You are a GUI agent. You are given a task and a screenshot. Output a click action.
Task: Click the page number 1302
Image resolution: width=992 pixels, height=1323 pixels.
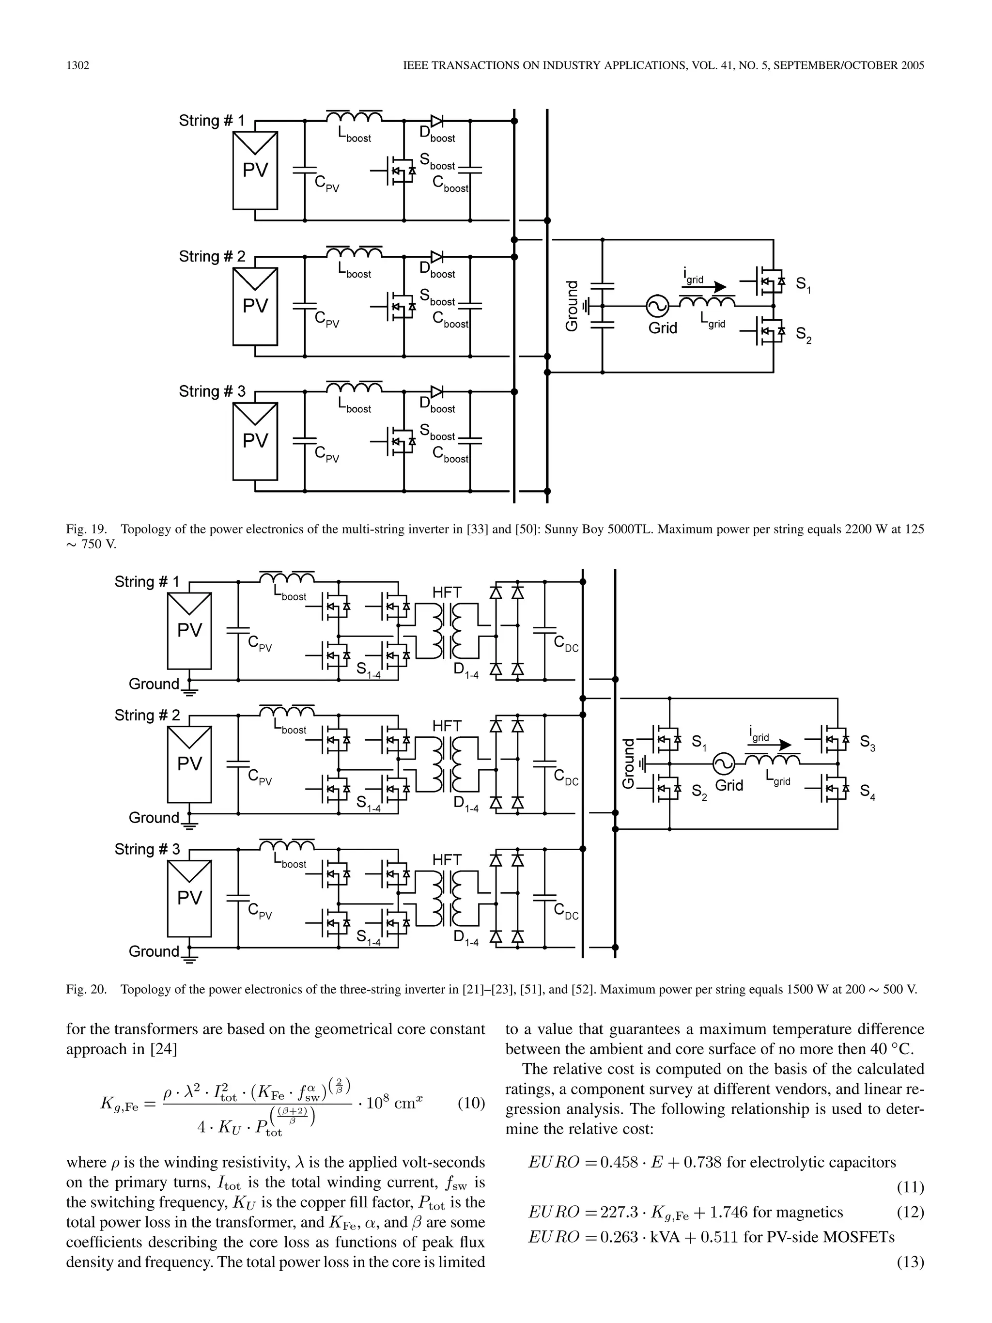click(77, 65)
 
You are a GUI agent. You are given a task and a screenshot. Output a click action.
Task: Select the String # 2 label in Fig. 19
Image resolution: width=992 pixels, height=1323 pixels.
click(212, 257)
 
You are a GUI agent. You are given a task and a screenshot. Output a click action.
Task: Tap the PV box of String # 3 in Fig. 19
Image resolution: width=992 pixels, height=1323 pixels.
click(255, 441)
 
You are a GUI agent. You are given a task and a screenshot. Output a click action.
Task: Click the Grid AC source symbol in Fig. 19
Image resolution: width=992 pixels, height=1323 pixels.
click(658, 307)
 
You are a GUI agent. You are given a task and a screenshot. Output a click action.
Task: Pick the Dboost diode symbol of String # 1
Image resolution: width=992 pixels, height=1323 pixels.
click(437, 122)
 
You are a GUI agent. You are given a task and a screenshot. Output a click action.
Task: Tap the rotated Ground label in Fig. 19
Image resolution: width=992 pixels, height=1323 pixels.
click(572, 306)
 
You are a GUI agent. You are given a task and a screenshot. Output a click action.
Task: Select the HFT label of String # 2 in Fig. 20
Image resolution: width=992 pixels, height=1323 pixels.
click(447, 726)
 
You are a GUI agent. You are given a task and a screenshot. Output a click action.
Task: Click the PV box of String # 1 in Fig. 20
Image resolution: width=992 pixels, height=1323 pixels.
click(189, 630)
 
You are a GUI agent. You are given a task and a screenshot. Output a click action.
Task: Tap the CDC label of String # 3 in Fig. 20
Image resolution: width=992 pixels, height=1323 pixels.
click(566, 912)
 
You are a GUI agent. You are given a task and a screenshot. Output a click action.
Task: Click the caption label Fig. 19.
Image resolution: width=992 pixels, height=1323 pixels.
click(86, 529)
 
